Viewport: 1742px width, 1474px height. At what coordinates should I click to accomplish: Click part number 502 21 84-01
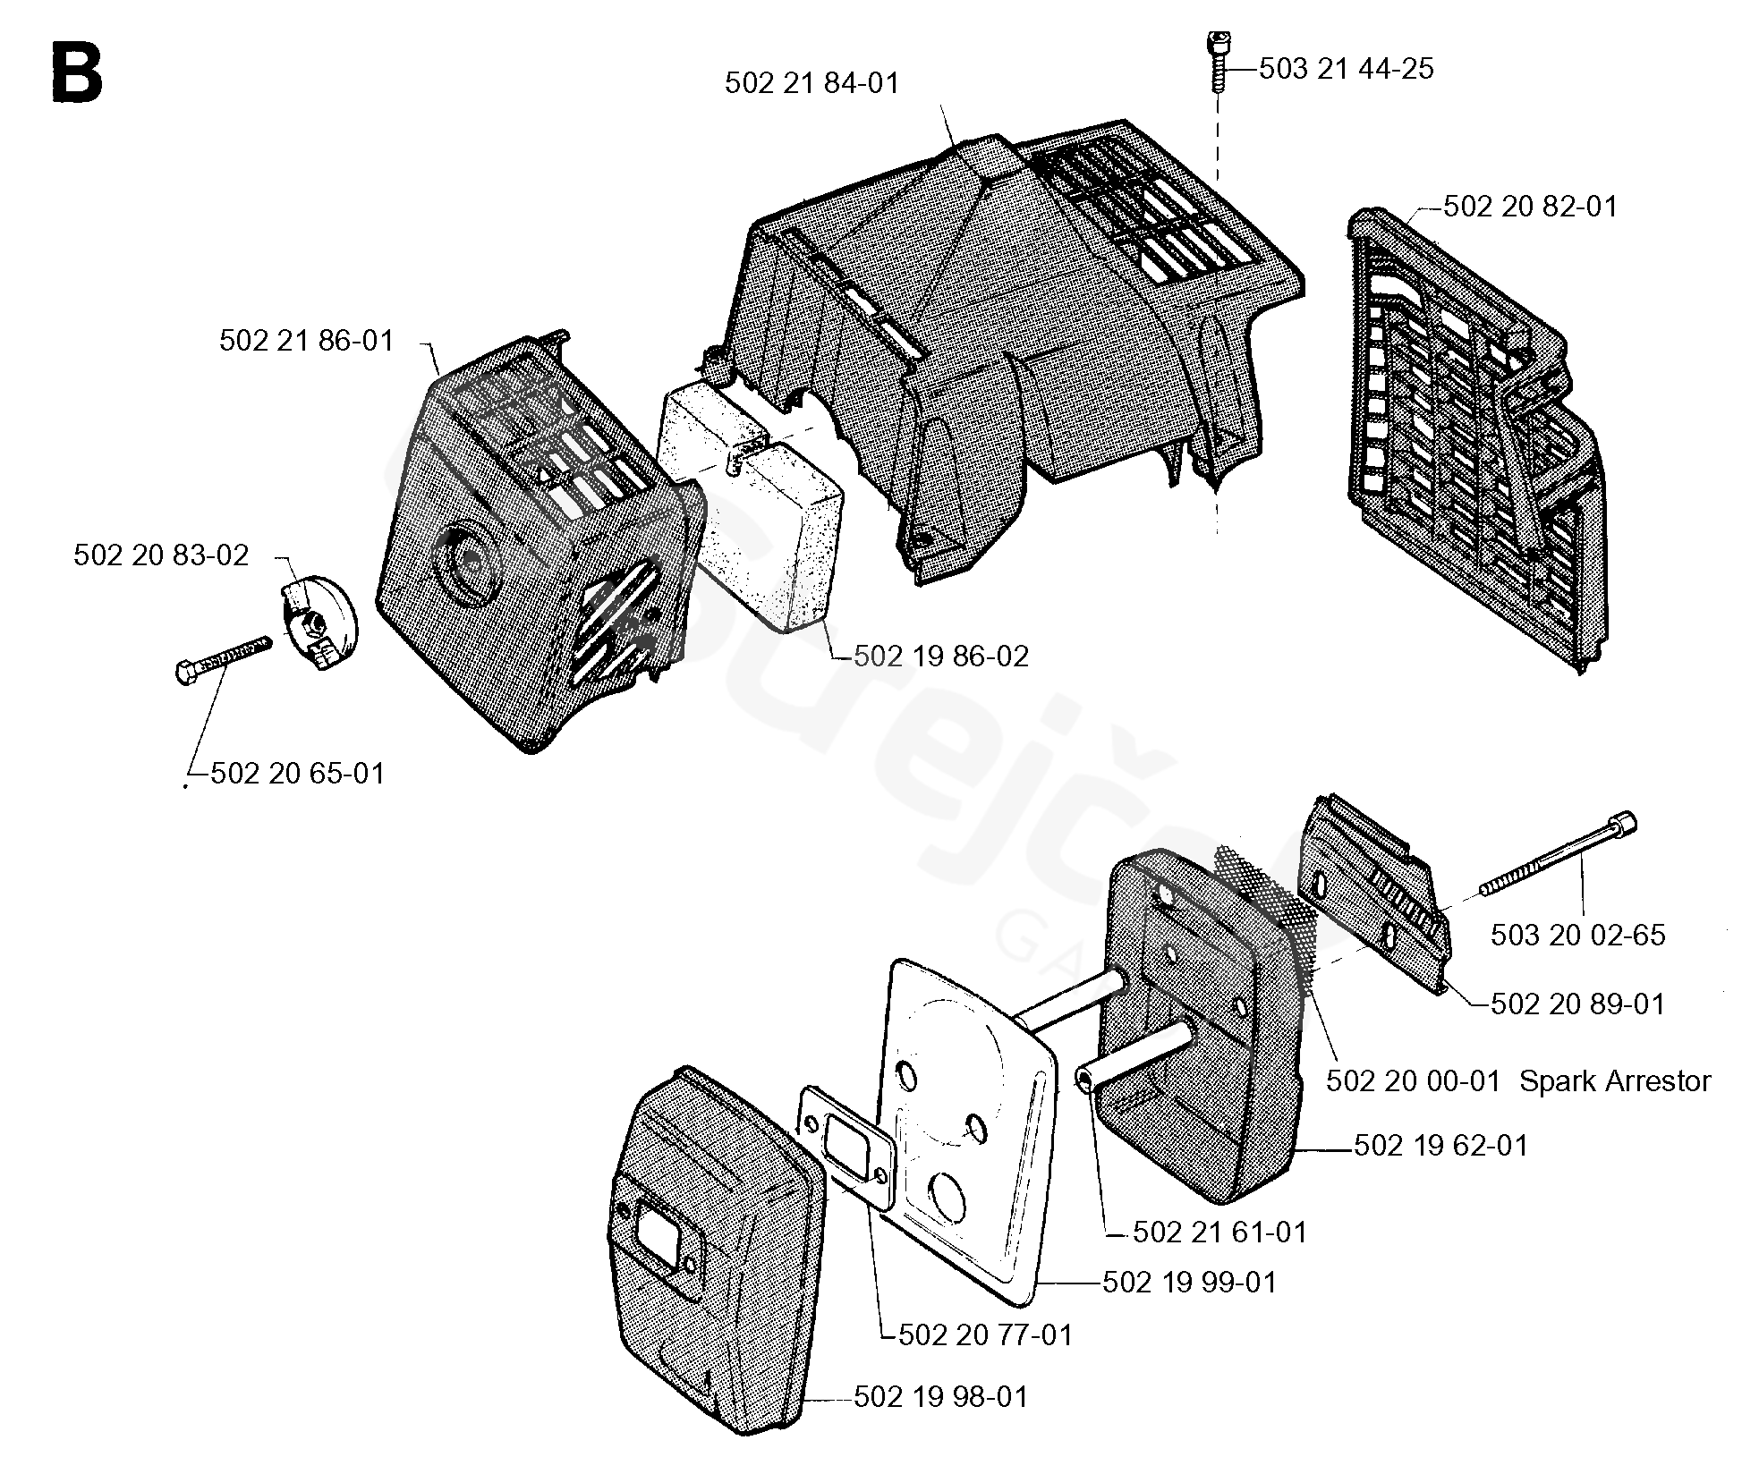pyautogui.click(x=811, y=83)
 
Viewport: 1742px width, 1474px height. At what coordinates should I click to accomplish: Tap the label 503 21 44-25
pyautogui.click(x=1346, y=69)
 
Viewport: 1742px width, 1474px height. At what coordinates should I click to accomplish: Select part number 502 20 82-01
pyautogui.click(x=1530, y=207)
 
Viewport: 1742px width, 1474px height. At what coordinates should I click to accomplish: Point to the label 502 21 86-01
pyautogui.click(x=306, y=341)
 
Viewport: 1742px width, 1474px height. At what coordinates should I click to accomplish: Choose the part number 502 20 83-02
pyautogui.click(x=161, y=555)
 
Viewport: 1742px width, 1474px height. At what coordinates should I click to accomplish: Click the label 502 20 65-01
pyautogui.click(x=297, y=773)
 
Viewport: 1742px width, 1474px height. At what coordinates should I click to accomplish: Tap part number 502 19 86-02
pyautogui.click(x=940, y=657)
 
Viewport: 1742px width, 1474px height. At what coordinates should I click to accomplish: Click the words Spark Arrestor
pyautogui.click(x=1615, y=1081)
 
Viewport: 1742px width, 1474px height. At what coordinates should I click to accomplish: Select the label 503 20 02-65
pyautogui.click(x=1577, y=936)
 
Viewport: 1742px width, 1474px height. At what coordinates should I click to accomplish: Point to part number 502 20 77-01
pyautogui.click(x=984, y=1335)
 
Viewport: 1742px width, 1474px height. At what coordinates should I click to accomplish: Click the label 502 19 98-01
pyautogui.click(x=940, y=1397)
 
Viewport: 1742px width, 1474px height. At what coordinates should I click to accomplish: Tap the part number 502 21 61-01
pyautogui.click(x=1219, y=1233)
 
